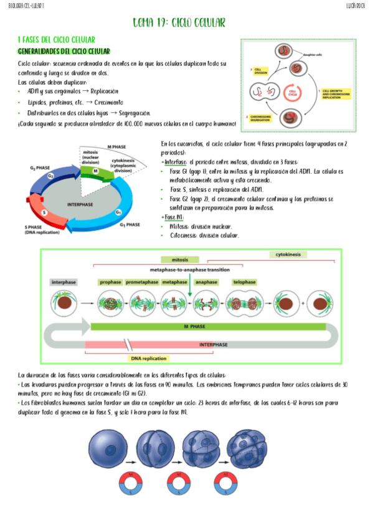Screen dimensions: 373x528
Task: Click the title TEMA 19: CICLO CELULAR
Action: (179, 23)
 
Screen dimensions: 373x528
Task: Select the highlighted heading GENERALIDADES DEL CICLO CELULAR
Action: (64, 51)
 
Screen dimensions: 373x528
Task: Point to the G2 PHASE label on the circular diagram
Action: (40, 167)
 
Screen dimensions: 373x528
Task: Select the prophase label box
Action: (111, 282)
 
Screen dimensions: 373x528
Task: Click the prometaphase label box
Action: (141, 282)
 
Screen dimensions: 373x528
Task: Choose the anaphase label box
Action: (206, 282)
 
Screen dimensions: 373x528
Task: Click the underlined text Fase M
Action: (174, 217)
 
